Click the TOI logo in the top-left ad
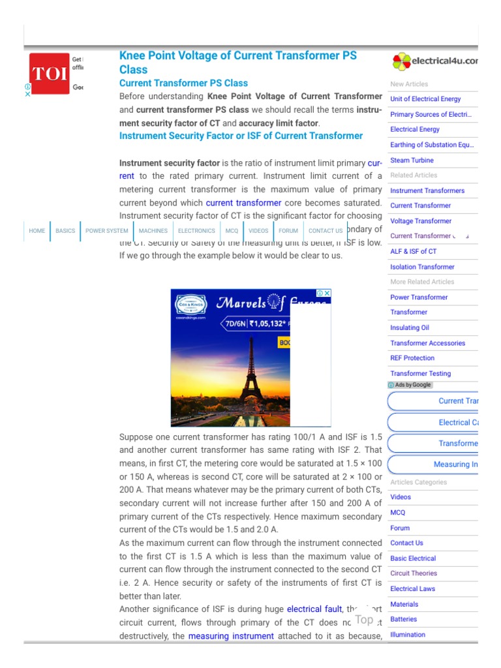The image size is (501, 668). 50,73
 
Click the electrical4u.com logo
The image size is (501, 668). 434,61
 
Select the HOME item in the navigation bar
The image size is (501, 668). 37,231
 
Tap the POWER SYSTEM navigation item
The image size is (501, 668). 107,231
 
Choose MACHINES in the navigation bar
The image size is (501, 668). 153,231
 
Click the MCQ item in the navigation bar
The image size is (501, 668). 232,231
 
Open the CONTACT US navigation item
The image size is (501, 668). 326,231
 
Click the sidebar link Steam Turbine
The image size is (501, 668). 412,160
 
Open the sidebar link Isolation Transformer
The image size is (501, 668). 422,267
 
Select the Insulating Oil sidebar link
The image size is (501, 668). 410,328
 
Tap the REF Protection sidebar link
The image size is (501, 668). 412,358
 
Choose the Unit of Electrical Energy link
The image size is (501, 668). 425,99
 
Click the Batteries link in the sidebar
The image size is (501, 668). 403,619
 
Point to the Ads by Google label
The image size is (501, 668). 410,385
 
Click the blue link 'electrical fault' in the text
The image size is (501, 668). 314,609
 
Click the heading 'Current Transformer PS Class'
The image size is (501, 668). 183,83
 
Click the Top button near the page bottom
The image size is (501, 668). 364,620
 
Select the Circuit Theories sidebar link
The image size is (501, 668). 414,573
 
